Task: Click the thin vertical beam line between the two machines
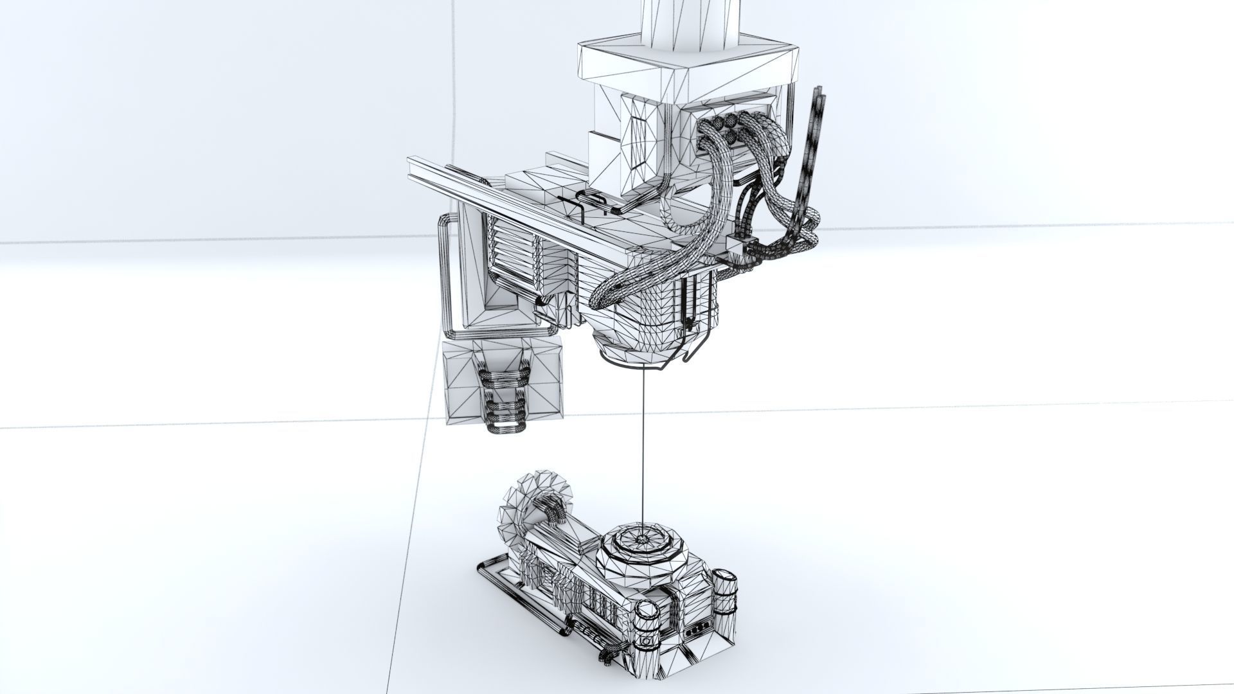pos(643,450)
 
